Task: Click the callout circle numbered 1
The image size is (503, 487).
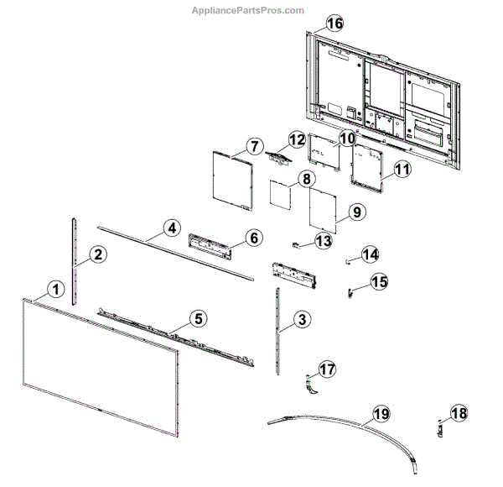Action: [x=55, y=289]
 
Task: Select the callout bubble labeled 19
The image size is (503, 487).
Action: [x=381, y=413]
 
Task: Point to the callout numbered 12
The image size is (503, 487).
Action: [x=296, y=139]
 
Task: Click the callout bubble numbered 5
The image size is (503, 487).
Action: [x=197, y=318]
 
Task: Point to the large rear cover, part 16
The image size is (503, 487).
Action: [x=386, y=84]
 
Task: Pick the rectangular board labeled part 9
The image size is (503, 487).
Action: [x=324, y=210]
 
